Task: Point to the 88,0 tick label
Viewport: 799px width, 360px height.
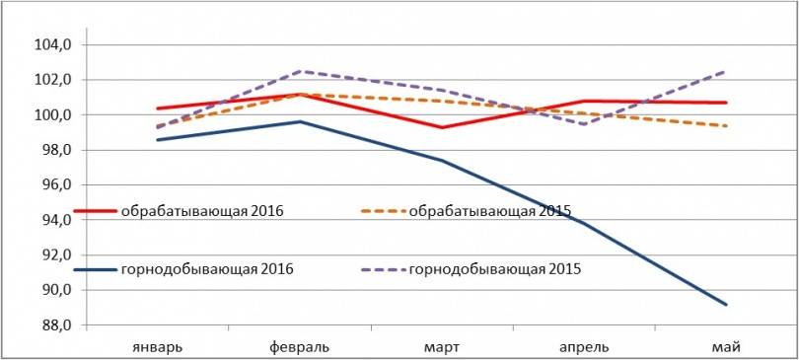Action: click(54, 325)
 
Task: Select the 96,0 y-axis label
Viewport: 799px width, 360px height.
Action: click(54, 185)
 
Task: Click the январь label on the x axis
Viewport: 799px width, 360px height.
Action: click(156, 346)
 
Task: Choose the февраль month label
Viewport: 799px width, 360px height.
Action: click(300, 346)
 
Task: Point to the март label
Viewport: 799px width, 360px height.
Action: click(441, 346)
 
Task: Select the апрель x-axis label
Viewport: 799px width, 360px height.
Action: click(584, 346)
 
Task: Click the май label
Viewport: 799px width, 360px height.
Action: click(728, 346)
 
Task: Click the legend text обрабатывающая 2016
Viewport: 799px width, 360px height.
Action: click(203, 210)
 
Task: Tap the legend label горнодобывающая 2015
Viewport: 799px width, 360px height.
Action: click(493, 268)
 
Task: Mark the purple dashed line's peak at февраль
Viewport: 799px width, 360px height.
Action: click(299, 71)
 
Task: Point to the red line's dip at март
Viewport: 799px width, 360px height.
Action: click(441, 127)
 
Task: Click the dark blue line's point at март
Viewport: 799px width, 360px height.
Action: click(441, 161)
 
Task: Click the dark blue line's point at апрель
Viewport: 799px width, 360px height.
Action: click(584, 223)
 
